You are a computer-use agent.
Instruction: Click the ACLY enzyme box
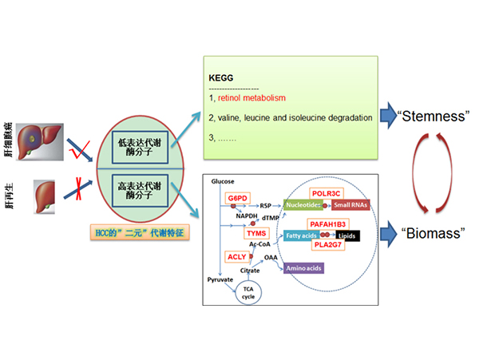(236, 256)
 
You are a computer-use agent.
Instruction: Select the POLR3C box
(327, 193)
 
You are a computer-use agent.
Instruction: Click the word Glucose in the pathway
(223, 182)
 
